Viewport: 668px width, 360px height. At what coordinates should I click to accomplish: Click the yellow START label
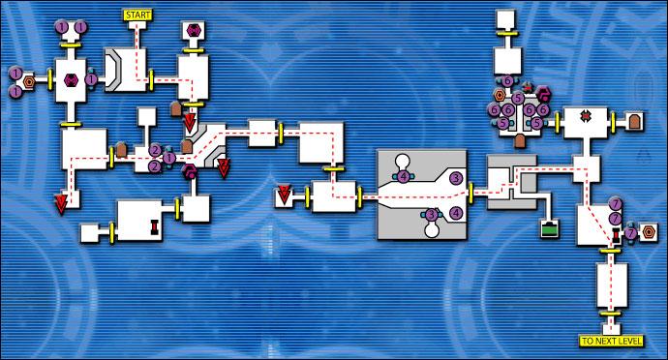click(x=138, y=15)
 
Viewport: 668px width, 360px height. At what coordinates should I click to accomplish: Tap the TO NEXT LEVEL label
click(x=611, y=341)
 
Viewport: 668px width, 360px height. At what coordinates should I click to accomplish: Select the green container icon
click(x=550, y=228)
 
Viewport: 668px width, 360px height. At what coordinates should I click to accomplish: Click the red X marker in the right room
click(x=586, y=115)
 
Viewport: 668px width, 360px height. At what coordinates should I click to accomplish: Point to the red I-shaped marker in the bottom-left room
click(x=154, y=226)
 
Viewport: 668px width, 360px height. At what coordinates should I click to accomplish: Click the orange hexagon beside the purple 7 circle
click(x=648, y=232)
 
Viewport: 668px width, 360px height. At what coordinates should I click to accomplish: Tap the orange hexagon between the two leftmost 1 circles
click(x=29, y=81)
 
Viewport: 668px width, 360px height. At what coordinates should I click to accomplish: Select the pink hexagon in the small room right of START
click(x=193, y=31)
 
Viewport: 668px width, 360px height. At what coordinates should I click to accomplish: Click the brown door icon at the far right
click(x=634, y=121)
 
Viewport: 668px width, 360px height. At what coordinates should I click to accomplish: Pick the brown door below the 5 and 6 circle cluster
click(x=520, y=141)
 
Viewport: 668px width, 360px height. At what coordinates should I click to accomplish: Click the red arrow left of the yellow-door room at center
click(x=284, y=195)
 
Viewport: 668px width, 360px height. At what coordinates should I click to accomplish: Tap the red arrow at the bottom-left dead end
click(x=61, y=203)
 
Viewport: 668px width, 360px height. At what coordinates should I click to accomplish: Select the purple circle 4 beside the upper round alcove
click(x=404, y=176)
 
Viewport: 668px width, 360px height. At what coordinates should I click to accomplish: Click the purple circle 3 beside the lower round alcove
click(x=432, y=214)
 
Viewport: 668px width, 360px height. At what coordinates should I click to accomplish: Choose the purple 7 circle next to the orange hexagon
click(x=631, y=233)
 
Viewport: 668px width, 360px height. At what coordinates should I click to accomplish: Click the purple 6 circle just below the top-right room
click(x=507, y=80)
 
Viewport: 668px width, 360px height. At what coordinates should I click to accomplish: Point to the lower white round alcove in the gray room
click(x=432, y=228)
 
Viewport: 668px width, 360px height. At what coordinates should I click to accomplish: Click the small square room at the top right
click(x=505, y=18)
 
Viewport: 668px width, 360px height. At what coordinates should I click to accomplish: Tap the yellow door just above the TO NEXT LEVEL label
click(x=611, y=315)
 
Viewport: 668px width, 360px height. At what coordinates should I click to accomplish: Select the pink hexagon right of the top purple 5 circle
click(x=543, y=93)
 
